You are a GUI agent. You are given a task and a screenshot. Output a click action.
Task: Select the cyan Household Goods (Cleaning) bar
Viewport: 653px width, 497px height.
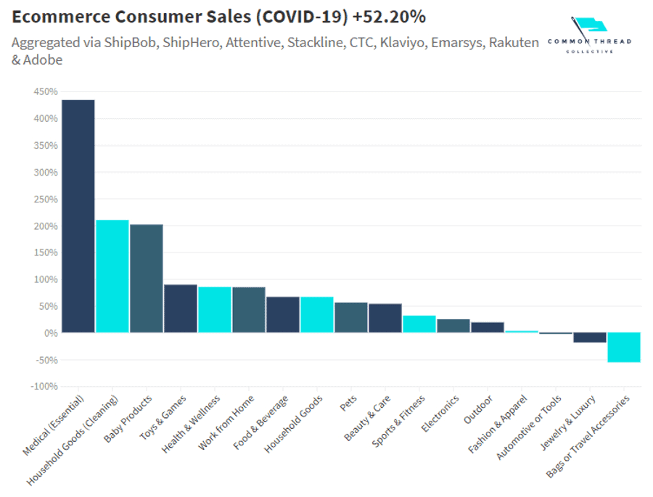click(x=112, y=276)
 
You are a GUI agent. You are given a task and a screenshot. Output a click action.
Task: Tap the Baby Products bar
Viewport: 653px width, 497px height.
click(x=146, y=279)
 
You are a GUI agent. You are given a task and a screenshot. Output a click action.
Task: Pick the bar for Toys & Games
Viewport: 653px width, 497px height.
click(x=180, y=308)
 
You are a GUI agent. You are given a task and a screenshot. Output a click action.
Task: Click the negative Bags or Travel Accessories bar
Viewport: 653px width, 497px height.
click(x=623, y=347)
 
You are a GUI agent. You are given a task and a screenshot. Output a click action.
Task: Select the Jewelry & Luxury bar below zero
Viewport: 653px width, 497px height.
click(x=589, y=337)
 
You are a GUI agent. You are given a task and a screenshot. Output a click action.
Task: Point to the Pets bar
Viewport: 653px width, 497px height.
click(x=350, y=318)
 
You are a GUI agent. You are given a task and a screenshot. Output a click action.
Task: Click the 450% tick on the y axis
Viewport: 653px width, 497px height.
click(x=45, y=92)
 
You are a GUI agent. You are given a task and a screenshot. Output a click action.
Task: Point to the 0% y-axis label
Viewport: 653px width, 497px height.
click(x=49, y=333)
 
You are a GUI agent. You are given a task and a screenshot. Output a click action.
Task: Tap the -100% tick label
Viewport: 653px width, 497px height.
click(x=44, y=387)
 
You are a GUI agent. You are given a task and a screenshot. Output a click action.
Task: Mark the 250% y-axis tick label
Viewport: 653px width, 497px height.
click(x=45, y=200)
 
